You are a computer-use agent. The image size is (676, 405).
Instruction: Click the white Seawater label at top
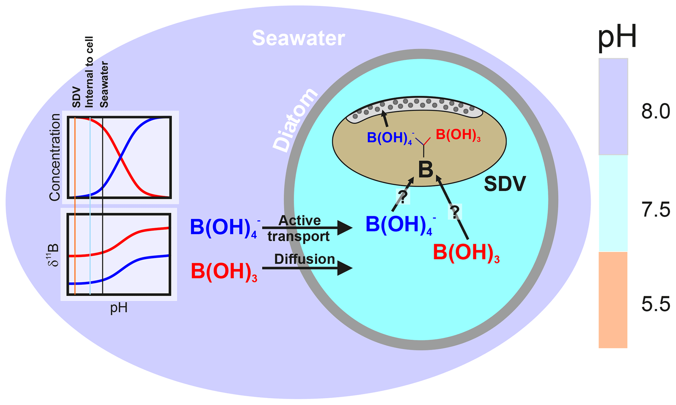pyautogui.click(x=298, y=38)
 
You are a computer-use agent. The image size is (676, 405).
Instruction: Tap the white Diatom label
pyautogui.click(x=295, y=120)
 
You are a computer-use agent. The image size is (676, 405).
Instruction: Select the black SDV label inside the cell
pyautogui.click(x=505, y=184)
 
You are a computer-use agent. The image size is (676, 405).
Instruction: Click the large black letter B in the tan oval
pyautogui.click(x=425, y=170)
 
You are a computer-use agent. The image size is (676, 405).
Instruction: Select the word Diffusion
pyautogui.click(x=304, y=259)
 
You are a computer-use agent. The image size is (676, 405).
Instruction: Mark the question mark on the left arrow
pyautogui.click(x=403, y=197)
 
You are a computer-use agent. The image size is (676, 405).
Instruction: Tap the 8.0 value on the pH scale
pyautogui.click(x=655, y=112)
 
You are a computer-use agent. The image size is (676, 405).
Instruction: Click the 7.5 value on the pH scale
pyautogui.click(x=655, y=210)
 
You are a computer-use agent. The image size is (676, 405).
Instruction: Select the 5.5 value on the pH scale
pyautogui.click(x=655, y=305)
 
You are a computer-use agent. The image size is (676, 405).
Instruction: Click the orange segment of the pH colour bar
pyautogui.click(x=613, y=299)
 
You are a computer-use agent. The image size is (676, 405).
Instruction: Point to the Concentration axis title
pyautogui.click(x=55, y=157)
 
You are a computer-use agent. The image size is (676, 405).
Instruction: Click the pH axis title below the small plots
pyautogui.click(x=119, y=308)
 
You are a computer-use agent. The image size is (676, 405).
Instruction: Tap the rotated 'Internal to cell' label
pyautogui.click(x=89, y=72)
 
